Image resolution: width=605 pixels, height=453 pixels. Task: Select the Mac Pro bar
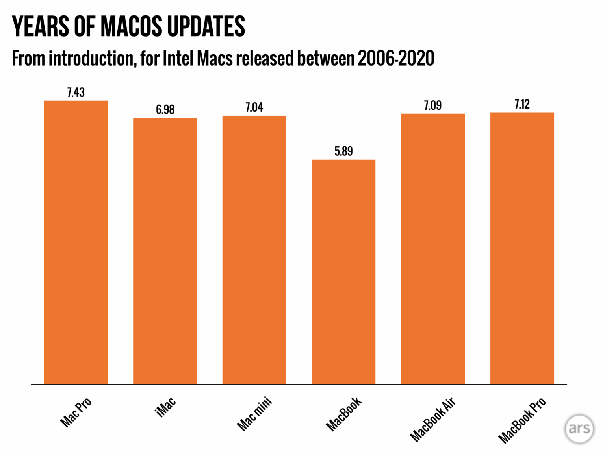(x=76, y=242)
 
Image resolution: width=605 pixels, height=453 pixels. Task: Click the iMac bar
(x=165, y=251)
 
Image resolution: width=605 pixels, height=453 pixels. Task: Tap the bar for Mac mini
(x=254, y=250)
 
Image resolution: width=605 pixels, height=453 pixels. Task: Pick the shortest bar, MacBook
(x=343, y=272)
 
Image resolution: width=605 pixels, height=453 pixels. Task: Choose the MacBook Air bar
(x=433, y=249)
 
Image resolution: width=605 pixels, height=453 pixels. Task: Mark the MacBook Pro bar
(x=522, y=248)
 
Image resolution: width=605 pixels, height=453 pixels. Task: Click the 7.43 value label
(x=76, y=92)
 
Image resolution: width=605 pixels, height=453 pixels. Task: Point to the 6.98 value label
(x=165, y=110)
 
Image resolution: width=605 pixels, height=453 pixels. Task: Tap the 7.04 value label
(x=254, y=107)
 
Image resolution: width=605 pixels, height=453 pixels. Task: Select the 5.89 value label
(x=343, y=151)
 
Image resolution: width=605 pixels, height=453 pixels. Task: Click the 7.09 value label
(x=433, y=105)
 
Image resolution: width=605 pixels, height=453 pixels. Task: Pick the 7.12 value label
(x=522, y=105)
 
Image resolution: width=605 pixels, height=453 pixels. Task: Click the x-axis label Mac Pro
(x=76, y=412)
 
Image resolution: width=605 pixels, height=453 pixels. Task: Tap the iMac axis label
(x=165, y=407)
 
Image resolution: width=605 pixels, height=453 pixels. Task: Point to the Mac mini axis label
(x=254, y=414)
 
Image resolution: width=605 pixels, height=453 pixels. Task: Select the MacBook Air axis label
(x=432, y=419)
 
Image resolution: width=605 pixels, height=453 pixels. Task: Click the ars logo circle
(x=579, y=429)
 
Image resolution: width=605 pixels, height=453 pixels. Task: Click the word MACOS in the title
(x=131, y=27)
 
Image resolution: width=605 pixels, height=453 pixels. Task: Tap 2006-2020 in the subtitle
(x=396, y=59)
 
